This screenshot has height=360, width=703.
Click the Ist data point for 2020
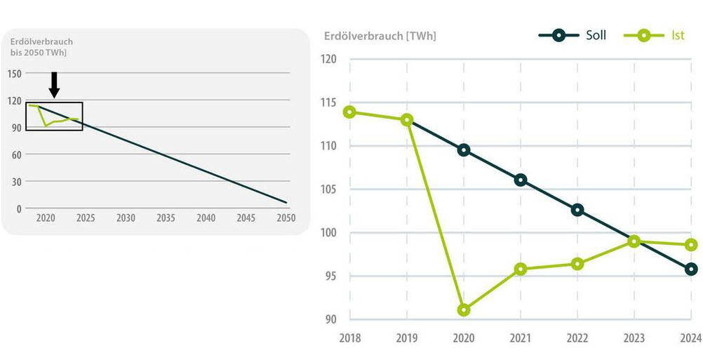[464, 309]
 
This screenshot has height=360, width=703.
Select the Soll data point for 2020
[464, 149]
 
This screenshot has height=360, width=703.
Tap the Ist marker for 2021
[521, 269]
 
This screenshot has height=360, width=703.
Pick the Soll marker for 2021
[521, 180]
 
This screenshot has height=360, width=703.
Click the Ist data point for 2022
[577, 264]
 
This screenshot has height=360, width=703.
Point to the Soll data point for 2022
[577, 210]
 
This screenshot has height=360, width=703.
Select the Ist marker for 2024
[691, 245]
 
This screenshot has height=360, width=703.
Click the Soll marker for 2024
[691, 269]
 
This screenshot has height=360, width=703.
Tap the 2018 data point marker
[349, 112]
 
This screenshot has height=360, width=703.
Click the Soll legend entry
[573, 34]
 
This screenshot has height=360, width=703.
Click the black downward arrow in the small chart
[55, 84]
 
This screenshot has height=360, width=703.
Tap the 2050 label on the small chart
[286, 218]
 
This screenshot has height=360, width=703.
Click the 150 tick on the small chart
[15, 73]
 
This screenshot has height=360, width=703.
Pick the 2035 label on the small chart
[166, 218]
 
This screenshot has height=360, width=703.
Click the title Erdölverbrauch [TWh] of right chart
[380, 36]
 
